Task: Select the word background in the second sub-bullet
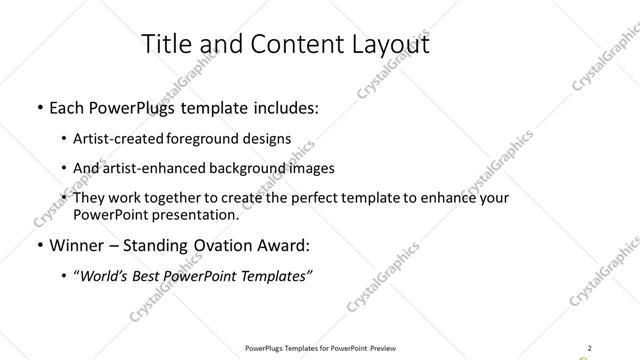click(254, 168)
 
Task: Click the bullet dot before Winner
click(39, 245)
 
